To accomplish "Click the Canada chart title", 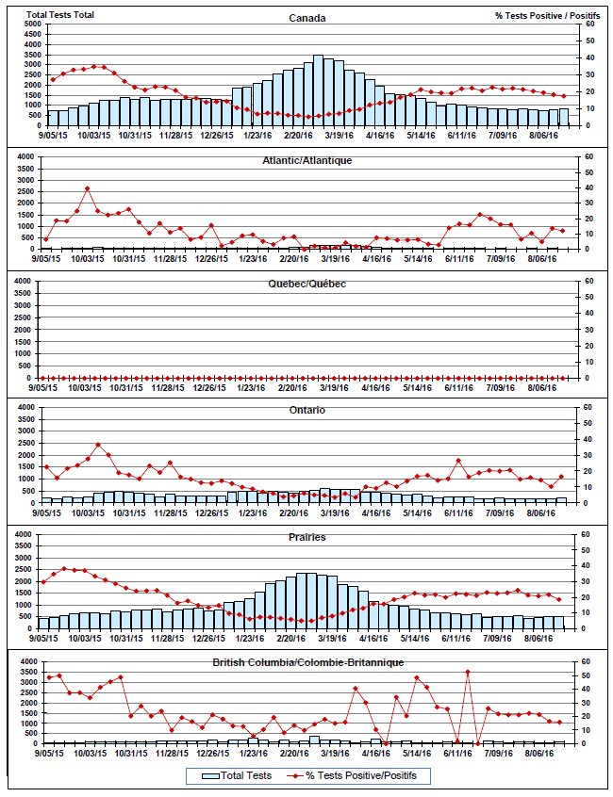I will pos(306,18).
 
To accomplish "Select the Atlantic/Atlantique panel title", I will pos(306,160).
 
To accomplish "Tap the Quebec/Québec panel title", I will pos(306,284).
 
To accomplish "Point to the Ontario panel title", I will pos(306,411).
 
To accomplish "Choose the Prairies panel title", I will pos(306,537).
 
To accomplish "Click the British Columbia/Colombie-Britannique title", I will pos(306,663).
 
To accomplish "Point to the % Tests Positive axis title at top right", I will pos(548,15).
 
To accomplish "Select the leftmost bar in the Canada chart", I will pos(53,118).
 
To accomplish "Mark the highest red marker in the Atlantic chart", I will pos(88,188).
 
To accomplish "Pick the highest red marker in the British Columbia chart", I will pos(468,672).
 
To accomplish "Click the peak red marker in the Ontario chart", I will pos(98,445).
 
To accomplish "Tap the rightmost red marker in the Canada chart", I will pos(563,96).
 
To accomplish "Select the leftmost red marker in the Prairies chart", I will pos(43,582).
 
